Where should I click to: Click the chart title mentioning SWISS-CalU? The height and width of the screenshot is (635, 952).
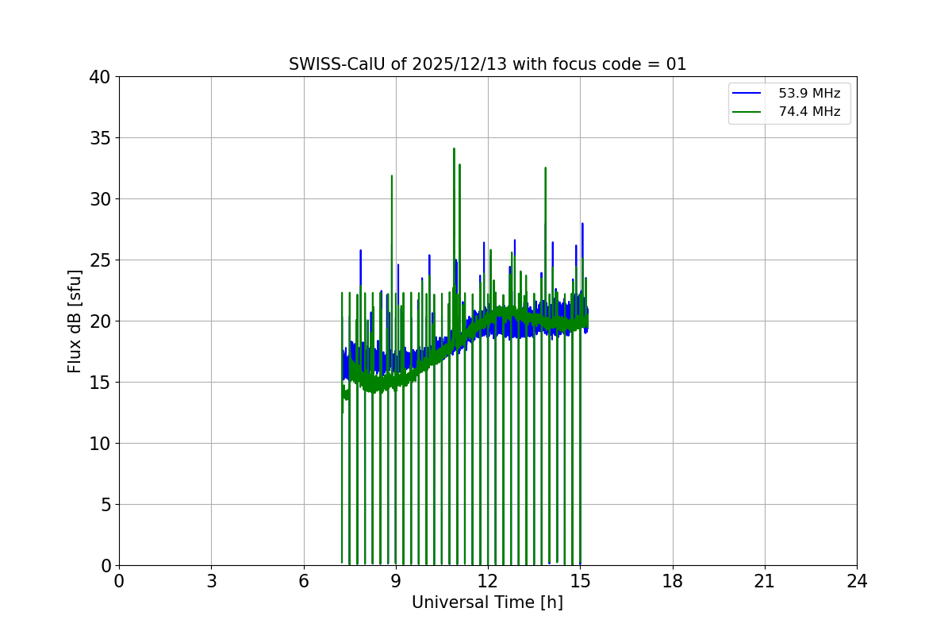[x=487, y=64]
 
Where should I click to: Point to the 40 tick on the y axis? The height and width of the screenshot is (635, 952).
[x=100, y=77]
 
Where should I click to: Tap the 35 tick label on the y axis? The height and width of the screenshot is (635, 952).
[x=100, y=138]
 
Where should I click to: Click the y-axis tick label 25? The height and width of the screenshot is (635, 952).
[x=100, y=260]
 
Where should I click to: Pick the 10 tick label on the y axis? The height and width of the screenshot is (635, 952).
[x=100, y=444]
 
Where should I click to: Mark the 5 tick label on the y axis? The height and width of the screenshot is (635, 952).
[x=105, y=505]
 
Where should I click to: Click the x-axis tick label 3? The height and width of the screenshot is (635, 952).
[x=211, y=582]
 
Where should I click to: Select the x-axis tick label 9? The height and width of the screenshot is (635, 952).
[x=396, y=582]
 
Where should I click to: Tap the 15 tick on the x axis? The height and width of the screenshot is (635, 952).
[x=580, y=582]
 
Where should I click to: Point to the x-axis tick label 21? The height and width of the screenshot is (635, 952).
[x=765, y=582]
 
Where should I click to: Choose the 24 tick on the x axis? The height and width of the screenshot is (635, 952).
[x=857, y=582]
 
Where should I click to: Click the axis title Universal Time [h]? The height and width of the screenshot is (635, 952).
[x=487, y=603]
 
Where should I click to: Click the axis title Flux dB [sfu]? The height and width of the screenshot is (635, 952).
[x=75, y=321]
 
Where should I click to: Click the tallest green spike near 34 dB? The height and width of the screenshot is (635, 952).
[x=454, y=148]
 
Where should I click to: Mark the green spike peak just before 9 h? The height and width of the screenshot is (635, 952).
[x=392, y=176]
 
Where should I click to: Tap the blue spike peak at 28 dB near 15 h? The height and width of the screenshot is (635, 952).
[x=582, y=224]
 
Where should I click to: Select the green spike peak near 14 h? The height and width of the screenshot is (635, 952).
[x=546, y=168]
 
